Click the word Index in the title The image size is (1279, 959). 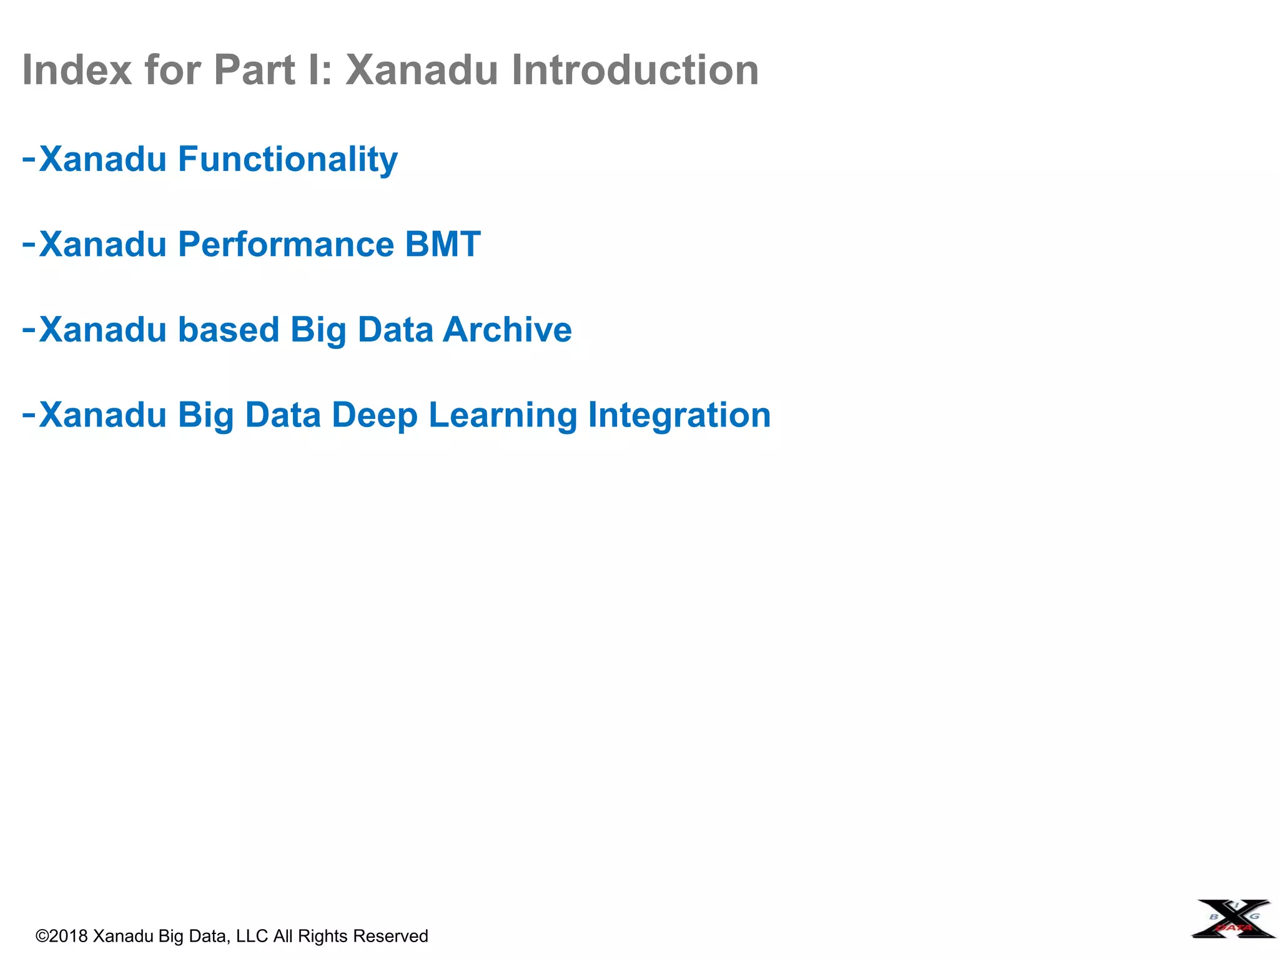coord(77,69)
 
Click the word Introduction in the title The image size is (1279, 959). coord(635,69)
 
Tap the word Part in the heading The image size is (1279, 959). coord(254,69)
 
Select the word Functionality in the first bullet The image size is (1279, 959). coord(288,159)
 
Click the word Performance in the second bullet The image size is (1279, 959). coord(286,244)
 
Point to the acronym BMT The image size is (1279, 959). coord(443,244)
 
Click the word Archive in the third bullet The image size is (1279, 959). coord(507,330)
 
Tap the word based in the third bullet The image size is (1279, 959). coord(228,330)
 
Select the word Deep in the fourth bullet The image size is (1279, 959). coord(374,415)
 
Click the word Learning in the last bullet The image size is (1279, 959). coord(503,415)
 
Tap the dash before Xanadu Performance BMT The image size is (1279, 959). coord(29,244)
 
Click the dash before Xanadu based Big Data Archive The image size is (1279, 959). coord(29,330)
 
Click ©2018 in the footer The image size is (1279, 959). coord(62,936)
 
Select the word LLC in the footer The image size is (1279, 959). coord(252,936)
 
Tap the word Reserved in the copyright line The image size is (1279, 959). coord(390,936)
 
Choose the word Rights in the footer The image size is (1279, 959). coord(322,936)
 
